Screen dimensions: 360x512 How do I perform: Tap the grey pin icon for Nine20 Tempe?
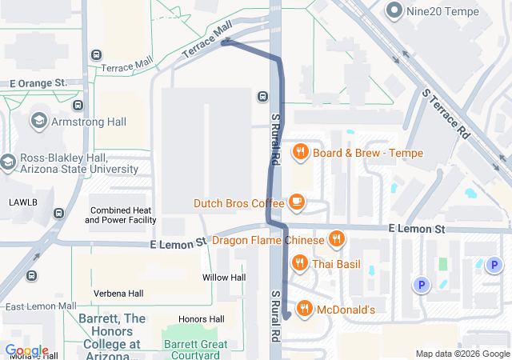[394, 10]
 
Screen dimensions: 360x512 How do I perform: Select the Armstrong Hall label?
[89, 122]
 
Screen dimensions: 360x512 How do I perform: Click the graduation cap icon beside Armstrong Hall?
[38, 121]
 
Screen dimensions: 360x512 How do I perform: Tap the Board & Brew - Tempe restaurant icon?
[301, 152]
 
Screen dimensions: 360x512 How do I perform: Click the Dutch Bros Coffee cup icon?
[297, 202]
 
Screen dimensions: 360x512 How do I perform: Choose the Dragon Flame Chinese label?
[267, 239]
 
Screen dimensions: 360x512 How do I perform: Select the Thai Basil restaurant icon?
[300, 263]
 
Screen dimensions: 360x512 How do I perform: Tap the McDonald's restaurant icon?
[304, 309]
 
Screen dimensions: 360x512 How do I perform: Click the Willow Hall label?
[224, 278]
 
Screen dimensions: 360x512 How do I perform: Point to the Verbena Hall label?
[118, 294]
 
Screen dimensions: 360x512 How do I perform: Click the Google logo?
[26, 350]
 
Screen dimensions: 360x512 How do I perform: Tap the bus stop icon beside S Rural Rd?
[262, 98]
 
